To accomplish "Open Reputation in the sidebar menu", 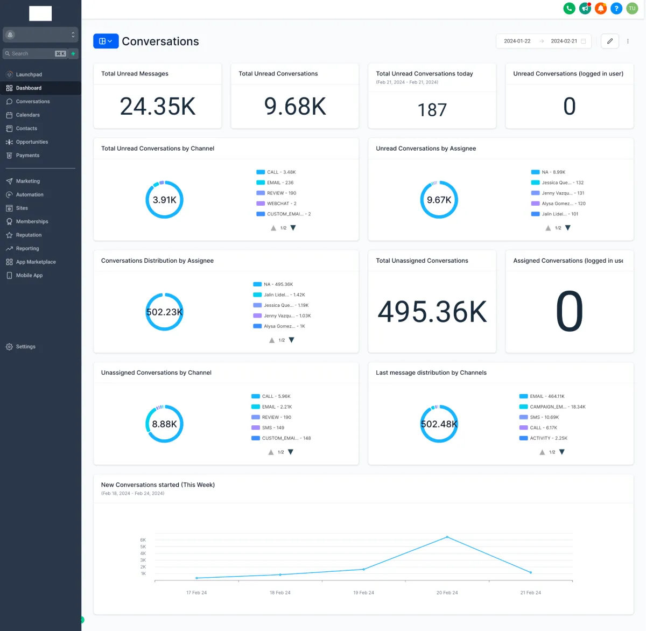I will tap(29, 235).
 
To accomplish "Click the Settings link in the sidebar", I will tap(25, 347).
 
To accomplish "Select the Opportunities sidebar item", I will tap(32, 142).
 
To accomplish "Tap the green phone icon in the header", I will tap(569, 9).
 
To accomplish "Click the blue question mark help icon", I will tap(616, 9).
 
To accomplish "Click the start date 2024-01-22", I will tap(517, 41).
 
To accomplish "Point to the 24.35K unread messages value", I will tap(158, 107).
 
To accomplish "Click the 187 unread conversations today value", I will tap(432, 110).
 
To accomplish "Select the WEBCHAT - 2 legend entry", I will tap(281, 204).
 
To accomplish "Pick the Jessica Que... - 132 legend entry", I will tap(562, 183).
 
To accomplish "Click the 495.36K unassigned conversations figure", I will tap(432, 312).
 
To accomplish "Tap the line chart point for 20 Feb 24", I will tap(447, 537).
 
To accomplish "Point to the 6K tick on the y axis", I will tap(143, 540).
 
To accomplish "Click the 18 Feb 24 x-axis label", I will tap(280, 593).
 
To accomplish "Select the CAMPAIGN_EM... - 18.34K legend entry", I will tap(557, 407).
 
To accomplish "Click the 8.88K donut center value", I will tap(164, 424).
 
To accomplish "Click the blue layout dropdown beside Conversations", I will tap(106, 41).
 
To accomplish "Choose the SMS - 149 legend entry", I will tap(272, 428).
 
